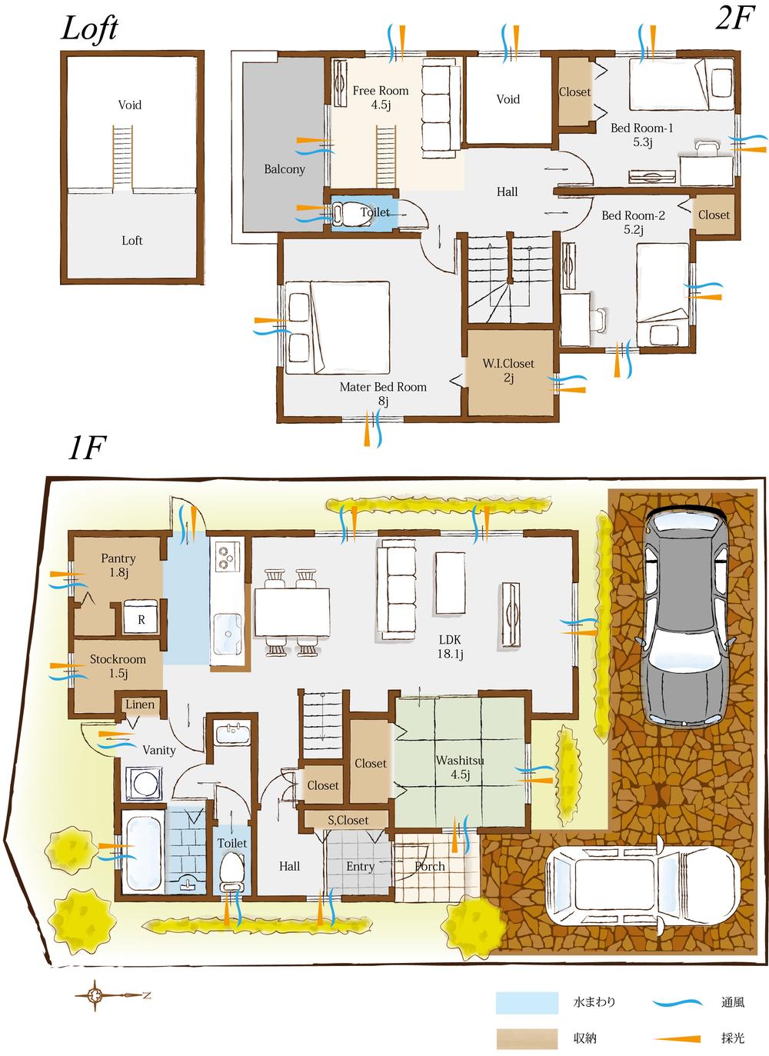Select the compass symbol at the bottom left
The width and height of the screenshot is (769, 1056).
pyautogui.click(x=95, y=994)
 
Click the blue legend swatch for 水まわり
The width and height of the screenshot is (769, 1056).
pyautogui.click(x=527, y=1002)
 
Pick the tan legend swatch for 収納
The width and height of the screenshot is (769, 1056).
pyautogui.click(x=527, y=1039)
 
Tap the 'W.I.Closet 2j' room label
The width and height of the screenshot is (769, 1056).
pyautogui.click(x=508, y=371)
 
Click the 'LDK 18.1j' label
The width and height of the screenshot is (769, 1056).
pyautogui.click(x=450, y=647)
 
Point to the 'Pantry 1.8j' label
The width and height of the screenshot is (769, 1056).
pyautogui.click(x=118, y=565)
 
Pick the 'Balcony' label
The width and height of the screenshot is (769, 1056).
pyautogui.click(x=285, y=169)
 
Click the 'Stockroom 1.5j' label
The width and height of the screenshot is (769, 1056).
pyautogui.click(x=118, y=666)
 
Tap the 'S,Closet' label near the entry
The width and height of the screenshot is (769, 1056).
pyautogui.click(x=348, y=821)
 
